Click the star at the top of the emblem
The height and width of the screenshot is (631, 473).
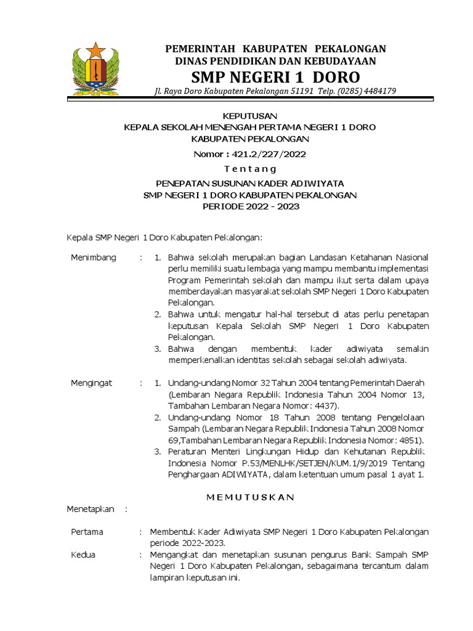[x=95, y=49]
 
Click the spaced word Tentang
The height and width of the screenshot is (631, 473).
[x=250, y=169]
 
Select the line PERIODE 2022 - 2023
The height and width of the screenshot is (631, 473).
[x=251, y=206]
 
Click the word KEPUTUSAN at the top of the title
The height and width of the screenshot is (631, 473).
[x=250, y=116]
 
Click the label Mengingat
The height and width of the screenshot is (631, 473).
[x=92, y=383]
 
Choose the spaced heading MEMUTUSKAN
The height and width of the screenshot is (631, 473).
[x=250, y=497]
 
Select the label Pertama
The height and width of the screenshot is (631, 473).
[x=87, y=531]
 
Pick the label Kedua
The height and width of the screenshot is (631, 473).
[x=83, y=555]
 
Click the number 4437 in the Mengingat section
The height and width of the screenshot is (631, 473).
[x=322, y=406]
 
